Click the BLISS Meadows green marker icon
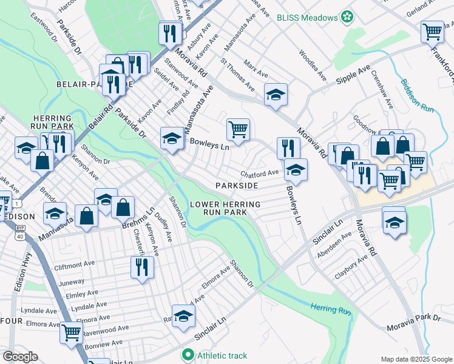pos(347,17)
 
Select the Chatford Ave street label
pos(260,173)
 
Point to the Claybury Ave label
pos(351,268)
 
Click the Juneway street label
pos(71,281)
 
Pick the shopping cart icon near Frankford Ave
pos(433,31)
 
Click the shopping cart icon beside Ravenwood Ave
pos(72,332)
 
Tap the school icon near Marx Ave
pos(276,94)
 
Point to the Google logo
pos(19,357)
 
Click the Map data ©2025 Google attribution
pos(416,359)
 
